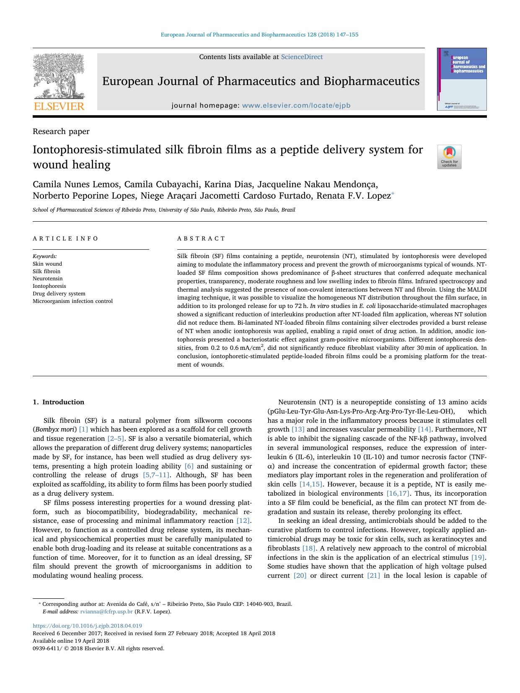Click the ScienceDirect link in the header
tap(301, 57)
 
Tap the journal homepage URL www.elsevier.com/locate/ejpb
tap(296, 106)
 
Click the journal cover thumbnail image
tap(462, 79)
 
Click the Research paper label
tap(61, 132)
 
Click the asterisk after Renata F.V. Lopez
tap(393, 194)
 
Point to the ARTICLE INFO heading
tap(65, 238)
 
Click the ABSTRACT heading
tap(201, 238)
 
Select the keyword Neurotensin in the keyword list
tap(48, 279)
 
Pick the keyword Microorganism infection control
tap(72, 301)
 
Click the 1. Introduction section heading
tap(58, 402)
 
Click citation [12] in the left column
tap(243, 521)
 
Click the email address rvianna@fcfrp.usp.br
tap(106, 612)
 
